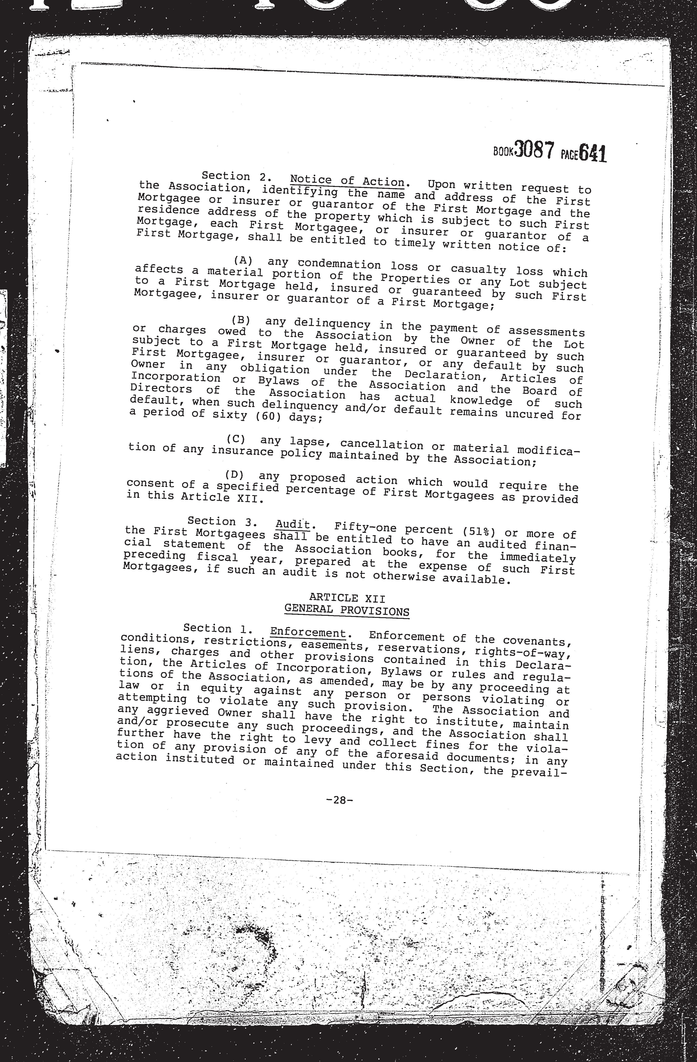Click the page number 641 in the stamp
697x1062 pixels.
pos(592,154)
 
